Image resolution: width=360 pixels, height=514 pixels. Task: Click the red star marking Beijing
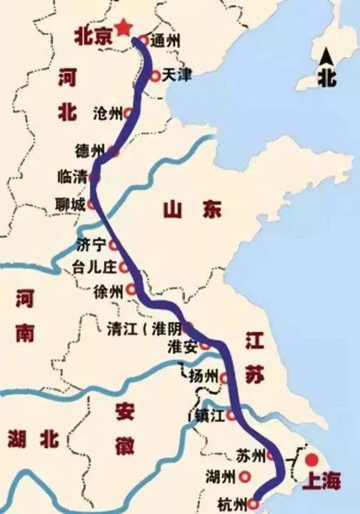(124, 27)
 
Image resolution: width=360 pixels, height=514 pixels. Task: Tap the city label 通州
(165, 41)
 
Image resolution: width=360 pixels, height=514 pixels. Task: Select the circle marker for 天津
(156, 75)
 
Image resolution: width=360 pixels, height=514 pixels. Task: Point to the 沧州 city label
(108, 114)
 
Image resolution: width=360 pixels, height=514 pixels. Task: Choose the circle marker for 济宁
(114, 245)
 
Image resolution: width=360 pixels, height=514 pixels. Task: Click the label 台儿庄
(94, 269)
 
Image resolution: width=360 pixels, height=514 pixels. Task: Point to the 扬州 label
(204, 376)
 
